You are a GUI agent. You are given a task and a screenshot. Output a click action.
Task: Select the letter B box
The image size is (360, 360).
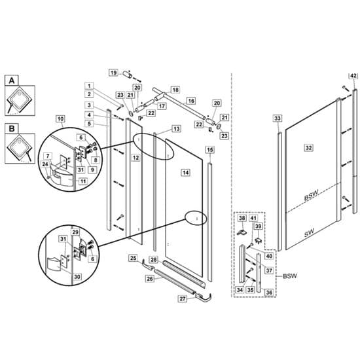(11, 129)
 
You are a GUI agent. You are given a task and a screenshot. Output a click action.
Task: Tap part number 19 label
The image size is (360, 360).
(113, 72)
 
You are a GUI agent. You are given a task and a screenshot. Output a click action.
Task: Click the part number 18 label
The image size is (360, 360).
(175, 90)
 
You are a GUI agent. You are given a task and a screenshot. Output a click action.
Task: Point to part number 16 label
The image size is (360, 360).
(190, 101)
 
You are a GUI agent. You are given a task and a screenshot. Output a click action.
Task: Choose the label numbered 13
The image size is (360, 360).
(175, 129)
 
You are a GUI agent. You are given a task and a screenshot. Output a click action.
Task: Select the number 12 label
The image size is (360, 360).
(135, 158)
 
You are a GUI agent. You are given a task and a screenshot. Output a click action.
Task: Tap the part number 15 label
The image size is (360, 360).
(209, 150)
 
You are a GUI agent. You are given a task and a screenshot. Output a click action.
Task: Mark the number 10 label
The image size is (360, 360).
(60, 118)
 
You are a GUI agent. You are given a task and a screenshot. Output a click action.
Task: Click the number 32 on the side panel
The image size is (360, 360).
(308, 149)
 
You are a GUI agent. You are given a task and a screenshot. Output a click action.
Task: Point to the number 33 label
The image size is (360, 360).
(277, 118)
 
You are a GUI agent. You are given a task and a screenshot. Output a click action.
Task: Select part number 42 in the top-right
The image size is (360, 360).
(353, 77)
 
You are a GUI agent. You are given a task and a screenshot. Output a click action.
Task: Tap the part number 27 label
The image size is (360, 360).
(183, 299)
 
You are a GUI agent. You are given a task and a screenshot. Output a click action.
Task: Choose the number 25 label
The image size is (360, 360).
(133, 259)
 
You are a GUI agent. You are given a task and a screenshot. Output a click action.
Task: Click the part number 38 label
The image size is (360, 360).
(241, 219)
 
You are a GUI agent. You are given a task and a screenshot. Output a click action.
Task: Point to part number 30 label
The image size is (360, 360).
(77, 277)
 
